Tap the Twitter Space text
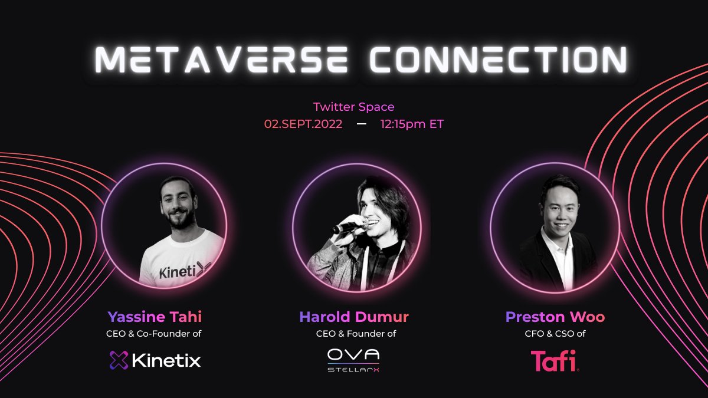point(353,107)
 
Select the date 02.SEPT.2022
point(303,124)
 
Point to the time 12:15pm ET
point(412,124)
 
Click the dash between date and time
point(362,124)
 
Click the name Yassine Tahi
point(155,317)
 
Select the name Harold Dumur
point(354,317)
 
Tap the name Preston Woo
point(555,317)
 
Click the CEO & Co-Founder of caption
point(155,334)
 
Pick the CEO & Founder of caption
point(354,334)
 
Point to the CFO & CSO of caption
point(555,334)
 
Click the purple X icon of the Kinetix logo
point(119,360)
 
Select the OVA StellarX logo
point(353,360)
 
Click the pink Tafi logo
point(554,360)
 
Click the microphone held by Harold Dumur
point(345,226)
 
